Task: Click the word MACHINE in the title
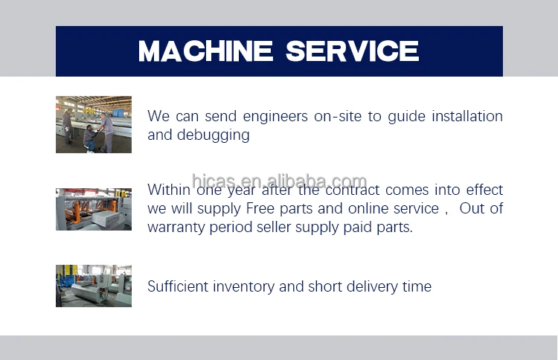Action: coord(205,51)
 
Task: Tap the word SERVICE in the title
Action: coord(353,51)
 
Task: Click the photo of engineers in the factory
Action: coord(94,124)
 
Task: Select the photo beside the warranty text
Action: coord(94,209)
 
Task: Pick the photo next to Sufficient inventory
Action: coord(94,286)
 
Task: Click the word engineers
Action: coord(275,117)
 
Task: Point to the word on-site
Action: coord(338,116)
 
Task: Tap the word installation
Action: coord(467,116)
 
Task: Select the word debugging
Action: coord(214,135)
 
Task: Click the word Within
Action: coord(169,190)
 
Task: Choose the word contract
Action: coord(353,190)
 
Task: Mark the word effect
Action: coord(484,190)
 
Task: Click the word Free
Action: coord(260,208)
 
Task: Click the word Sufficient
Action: coord(178,286)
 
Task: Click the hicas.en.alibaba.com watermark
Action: coord(279,181)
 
